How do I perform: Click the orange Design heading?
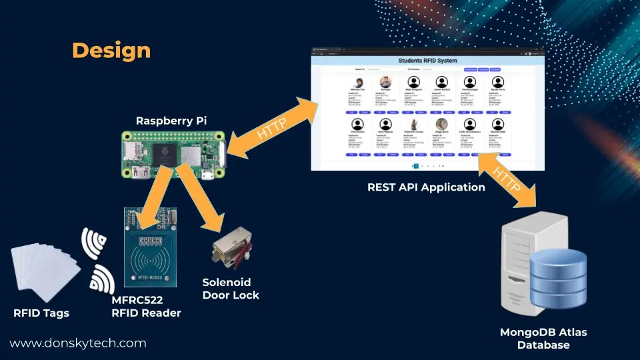tap(111, 50)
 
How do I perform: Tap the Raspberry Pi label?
tap(171, 121)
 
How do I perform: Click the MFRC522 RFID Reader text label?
tap(146, 307)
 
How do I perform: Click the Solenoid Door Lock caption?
tap(231, 289)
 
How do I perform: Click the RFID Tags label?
tap(41, 313)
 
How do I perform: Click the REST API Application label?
tap(426, 187)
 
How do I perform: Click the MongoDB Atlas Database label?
tap(543, 338)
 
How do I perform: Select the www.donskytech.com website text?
tap(77, 343)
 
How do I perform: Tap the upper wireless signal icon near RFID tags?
tap(94, 243)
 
